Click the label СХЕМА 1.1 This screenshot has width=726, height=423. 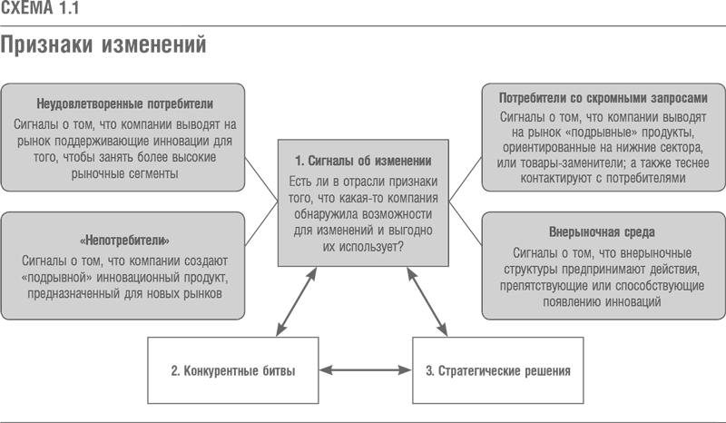[x=39, y=7]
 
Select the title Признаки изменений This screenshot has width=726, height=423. [x=103, y=45]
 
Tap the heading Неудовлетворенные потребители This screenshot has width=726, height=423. [x=124, y=103]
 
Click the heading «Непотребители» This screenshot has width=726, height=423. [x=124, y=241]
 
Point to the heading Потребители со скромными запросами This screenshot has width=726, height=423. [x=603, y=98]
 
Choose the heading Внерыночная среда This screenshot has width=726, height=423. [x=602, y=231]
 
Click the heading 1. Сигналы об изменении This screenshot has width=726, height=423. [x=363, y=161]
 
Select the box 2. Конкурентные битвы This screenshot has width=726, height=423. [x=233, y=370]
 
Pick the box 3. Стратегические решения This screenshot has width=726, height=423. [x=497, y=370]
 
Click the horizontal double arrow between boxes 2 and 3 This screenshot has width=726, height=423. [x=366, y=369]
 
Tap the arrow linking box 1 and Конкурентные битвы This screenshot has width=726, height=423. [x=297, y=301]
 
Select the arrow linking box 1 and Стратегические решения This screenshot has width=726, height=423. [x=427, y=301]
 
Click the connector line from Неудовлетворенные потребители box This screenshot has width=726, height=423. [x=261, y=180]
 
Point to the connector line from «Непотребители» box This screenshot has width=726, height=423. [x=261, y=224]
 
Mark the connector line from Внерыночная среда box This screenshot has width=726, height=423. [x=466, y=223]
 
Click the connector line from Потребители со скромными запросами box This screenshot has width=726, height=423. [x=466, y=180]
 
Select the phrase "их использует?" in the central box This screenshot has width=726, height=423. [x=363, y=247]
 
